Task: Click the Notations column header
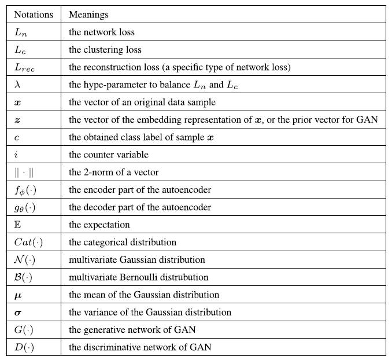pyautogui.click(x=34, y=14)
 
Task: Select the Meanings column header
pyautogui.click(x=88, y=14)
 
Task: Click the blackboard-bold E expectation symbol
pyautogui.click(x=17, y=225)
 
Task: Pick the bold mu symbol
pyautogui.click(x=18, y=295)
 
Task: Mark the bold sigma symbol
pyautogui.click(x=18, y=313)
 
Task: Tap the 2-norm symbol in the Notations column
pyautogui.click(x=23, y=172)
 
